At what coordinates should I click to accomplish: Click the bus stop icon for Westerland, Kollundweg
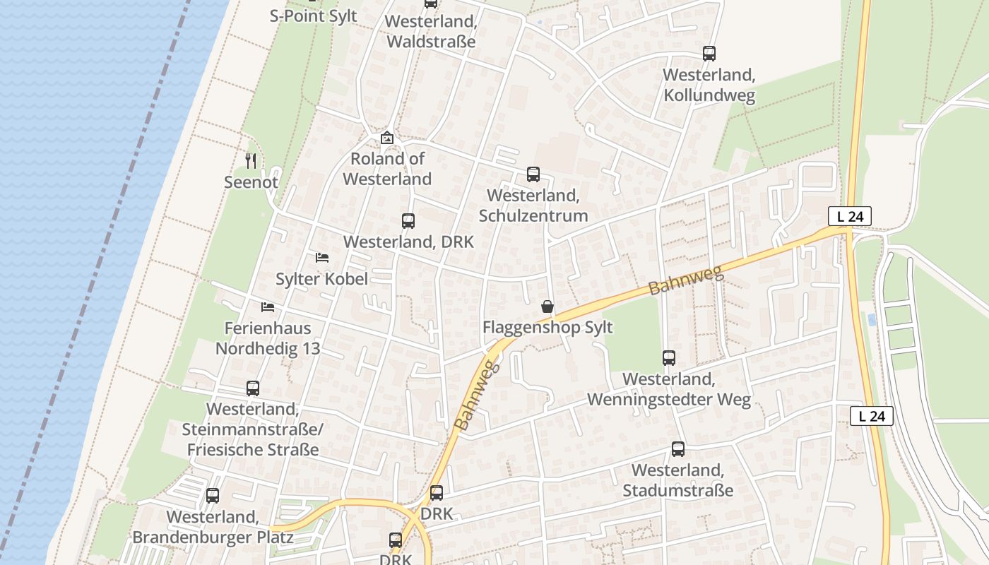709,54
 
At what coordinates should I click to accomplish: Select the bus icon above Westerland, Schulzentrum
533,174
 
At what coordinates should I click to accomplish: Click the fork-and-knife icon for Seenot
251,161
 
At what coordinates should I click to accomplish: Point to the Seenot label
251,182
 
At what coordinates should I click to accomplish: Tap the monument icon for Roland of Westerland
386,138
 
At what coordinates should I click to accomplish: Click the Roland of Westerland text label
387,169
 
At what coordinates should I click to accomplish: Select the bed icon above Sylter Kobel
322,258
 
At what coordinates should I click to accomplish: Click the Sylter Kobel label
321,279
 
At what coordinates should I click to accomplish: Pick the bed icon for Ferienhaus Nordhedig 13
268,307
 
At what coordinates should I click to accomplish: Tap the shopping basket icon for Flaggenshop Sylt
547,307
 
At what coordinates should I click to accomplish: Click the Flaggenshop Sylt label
547,328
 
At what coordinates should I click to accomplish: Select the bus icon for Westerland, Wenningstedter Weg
669,358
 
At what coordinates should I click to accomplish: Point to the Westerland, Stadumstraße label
677,480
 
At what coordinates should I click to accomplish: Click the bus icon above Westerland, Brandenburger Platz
213,496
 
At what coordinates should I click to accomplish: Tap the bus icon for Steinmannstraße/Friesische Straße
253,388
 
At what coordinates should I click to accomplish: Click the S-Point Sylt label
314,16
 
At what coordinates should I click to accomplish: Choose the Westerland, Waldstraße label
431,32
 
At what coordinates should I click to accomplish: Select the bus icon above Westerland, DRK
408,221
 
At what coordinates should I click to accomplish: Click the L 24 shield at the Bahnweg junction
850,216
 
